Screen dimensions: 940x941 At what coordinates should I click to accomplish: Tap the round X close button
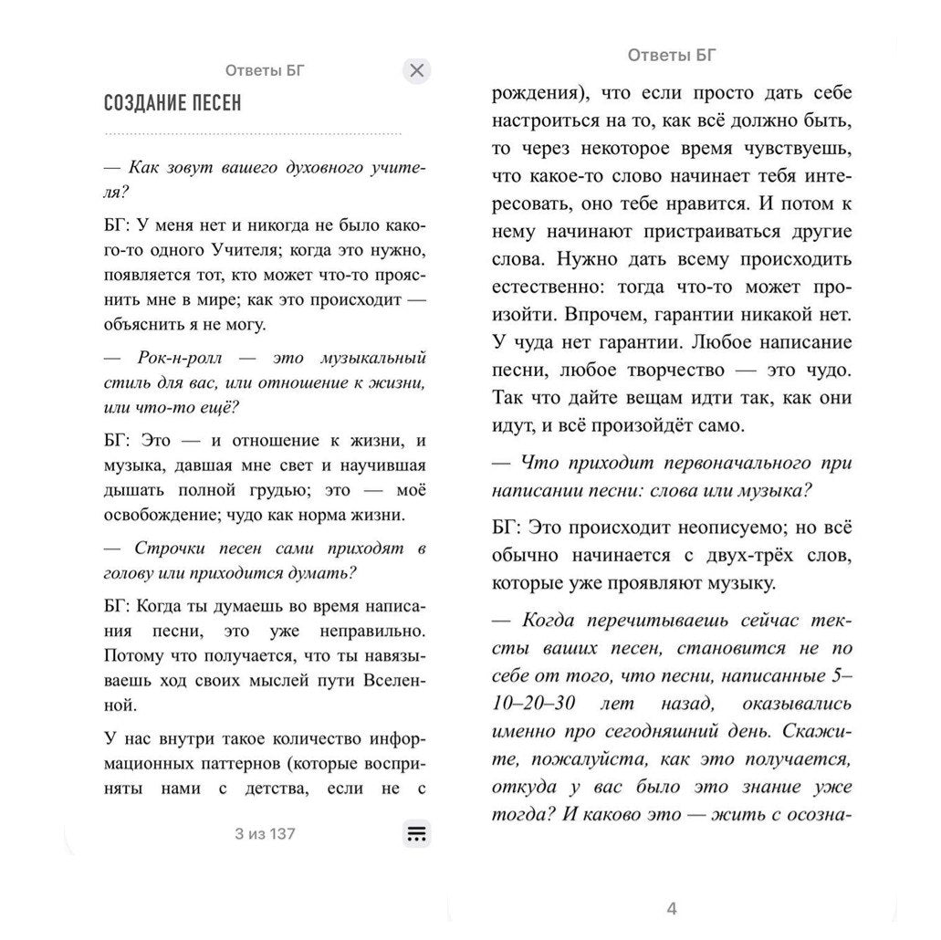[x=416, y=70]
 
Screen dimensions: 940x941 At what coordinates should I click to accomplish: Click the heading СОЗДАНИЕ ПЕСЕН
[x=173, y=103]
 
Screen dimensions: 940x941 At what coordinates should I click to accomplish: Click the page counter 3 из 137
[x=265, y=833]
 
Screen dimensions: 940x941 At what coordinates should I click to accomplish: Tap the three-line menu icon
[x=416, y=833]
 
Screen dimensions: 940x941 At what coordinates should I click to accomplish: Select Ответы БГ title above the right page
[x=672, y=55]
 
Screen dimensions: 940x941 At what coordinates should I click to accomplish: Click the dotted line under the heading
[x=253, y=134]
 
